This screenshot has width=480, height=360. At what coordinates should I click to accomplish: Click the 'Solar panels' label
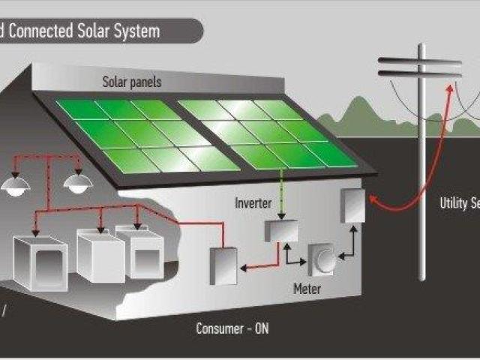[132, 82]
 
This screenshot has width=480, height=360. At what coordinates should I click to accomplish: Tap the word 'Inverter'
[253, 203]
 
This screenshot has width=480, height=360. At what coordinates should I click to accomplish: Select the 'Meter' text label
[307, 287]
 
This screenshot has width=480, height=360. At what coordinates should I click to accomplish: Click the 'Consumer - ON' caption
[233, 328]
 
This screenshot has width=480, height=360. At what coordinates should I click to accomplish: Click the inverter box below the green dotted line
[280, 230]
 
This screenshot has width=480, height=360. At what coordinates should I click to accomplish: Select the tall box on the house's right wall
[352, 206]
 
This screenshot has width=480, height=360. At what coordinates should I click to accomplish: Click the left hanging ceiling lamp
[15, 185]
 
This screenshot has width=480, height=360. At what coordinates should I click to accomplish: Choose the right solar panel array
[266, 132]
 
